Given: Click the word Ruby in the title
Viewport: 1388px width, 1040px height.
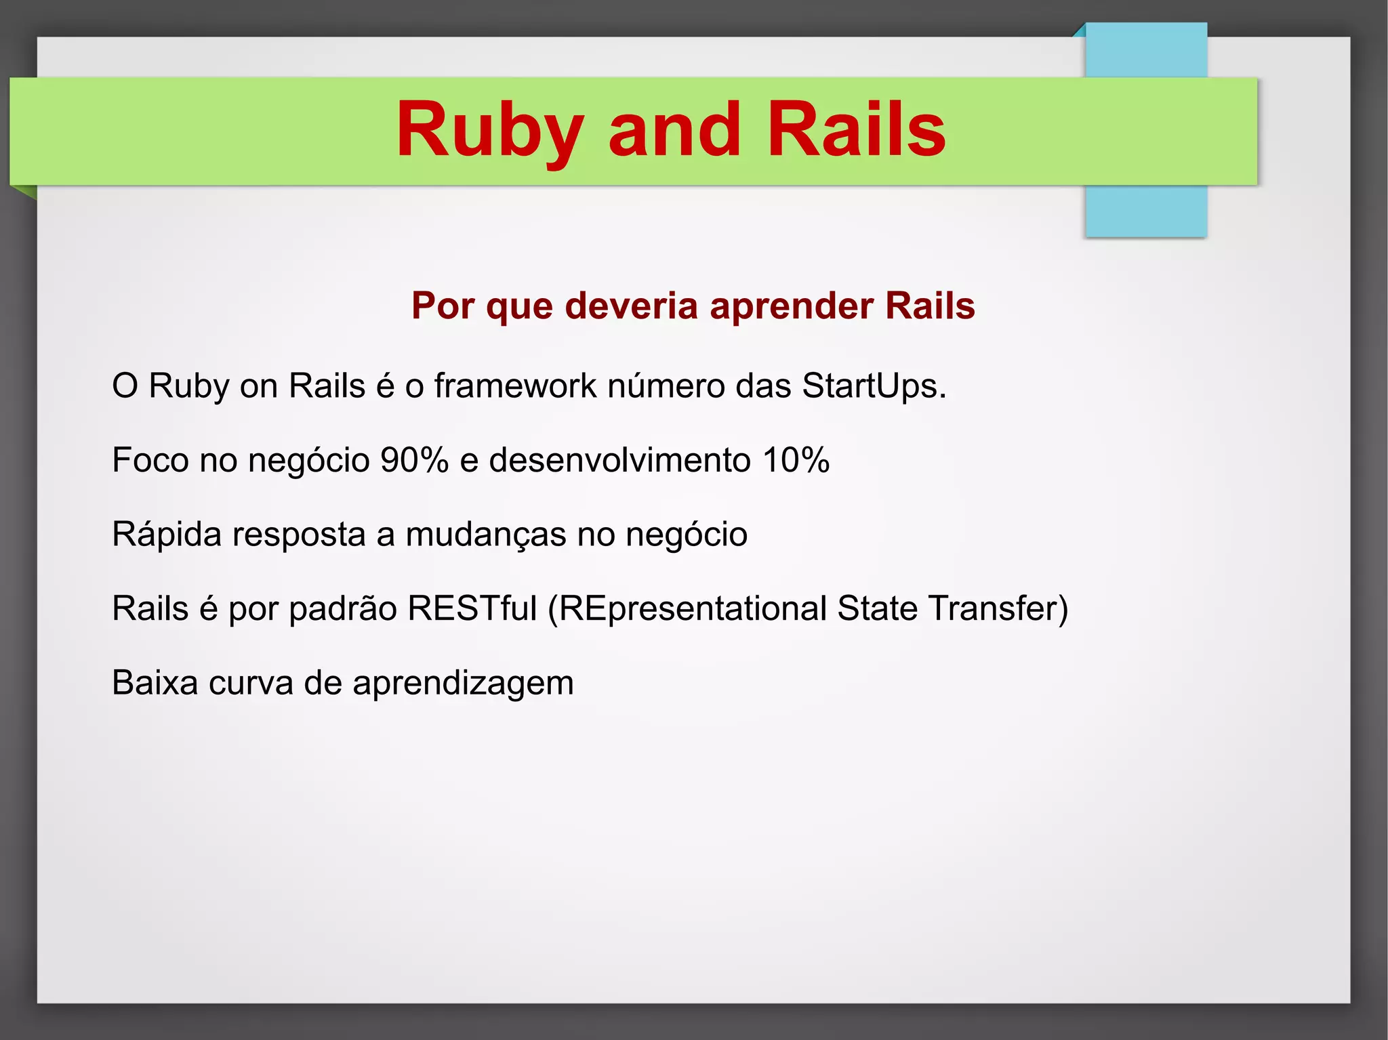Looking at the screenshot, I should tap(489, 130).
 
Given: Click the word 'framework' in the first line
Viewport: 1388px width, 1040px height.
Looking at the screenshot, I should tap(515, 386).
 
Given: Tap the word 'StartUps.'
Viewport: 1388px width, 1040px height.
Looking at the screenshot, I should tap(874, 386).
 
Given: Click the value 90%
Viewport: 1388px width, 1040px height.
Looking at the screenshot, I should tap(414, 460).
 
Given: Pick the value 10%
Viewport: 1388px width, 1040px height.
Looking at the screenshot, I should tap(796, 460).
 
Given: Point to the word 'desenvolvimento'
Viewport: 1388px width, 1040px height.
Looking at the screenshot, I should tap(619, 460).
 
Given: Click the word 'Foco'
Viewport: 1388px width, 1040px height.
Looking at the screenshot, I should tap(150, 460).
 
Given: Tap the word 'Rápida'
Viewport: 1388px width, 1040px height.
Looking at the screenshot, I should tap(167, 535).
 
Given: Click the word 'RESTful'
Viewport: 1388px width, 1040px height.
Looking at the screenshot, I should tap(472, 608).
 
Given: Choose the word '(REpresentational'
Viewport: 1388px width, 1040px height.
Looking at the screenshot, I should tap(687, 609).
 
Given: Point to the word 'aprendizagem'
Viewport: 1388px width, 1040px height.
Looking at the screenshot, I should tap(463, 684).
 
